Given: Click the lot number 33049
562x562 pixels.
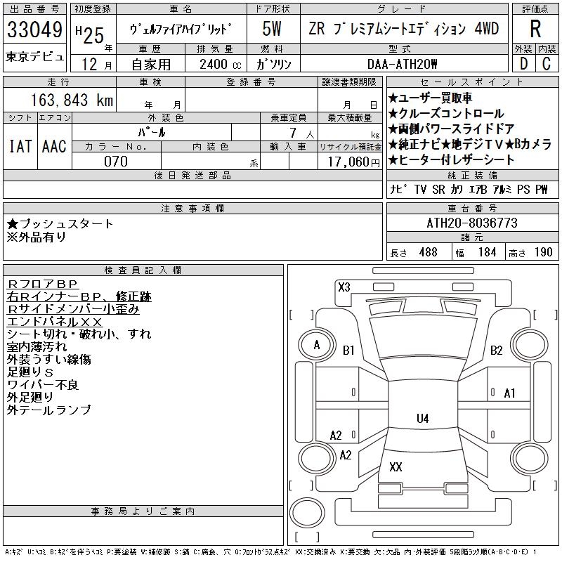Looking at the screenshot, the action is coord(34,30).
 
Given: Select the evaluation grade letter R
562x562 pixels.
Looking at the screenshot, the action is coord(535,30).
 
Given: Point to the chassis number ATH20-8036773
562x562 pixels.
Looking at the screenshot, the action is coord(472,223).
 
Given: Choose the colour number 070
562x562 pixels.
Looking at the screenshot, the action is coord(116,162).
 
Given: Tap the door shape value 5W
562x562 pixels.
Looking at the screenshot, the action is coord(272,30).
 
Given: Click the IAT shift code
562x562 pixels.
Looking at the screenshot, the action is coord(20,146).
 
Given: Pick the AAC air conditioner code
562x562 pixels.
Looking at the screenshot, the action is coord(54,146).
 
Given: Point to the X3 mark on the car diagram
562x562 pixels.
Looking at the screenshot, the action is coord(344,287).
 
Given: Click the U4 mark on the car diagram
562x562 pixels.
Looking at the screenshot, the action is coord(422,419).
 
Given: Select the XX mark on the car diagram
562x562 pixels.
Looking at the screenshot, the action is coord(396,466).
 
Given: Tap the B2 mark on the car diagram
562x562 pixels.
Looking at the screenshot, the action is coord(497,350).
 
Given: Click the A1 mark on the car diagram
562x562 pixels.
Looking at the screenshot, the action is coord(510,393).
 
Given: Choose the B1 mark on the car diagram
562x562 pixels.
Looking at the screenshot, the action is coord(348,350).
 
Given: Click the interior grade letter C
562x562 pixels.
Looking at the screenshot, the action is coord(547,64).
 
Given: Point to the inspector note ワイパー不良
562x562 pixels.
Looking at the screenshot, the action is coord(43,384).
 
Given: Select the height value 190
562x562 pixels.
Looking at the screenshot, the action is coord(543,252).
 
